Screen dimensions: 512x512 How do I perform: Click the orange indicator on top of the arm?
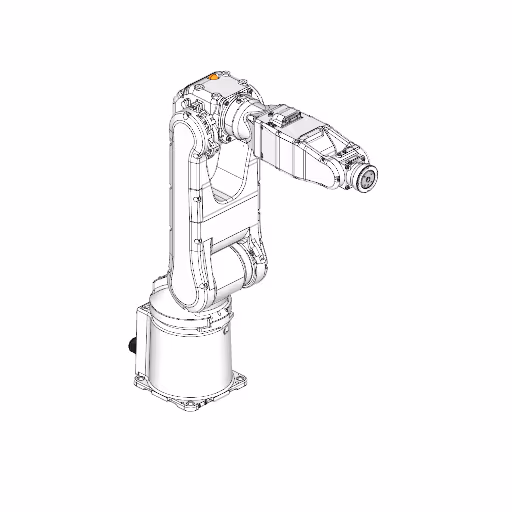(x=213, y=74)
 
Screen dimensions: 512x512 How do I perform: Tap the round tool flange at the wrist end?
(x=366, y=179)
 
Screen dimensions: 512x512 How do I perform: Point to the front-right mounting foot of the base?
(x=241, y=379)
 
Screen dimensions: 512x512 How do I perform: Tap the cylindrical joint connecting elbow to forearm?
(x=246, y=121)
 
